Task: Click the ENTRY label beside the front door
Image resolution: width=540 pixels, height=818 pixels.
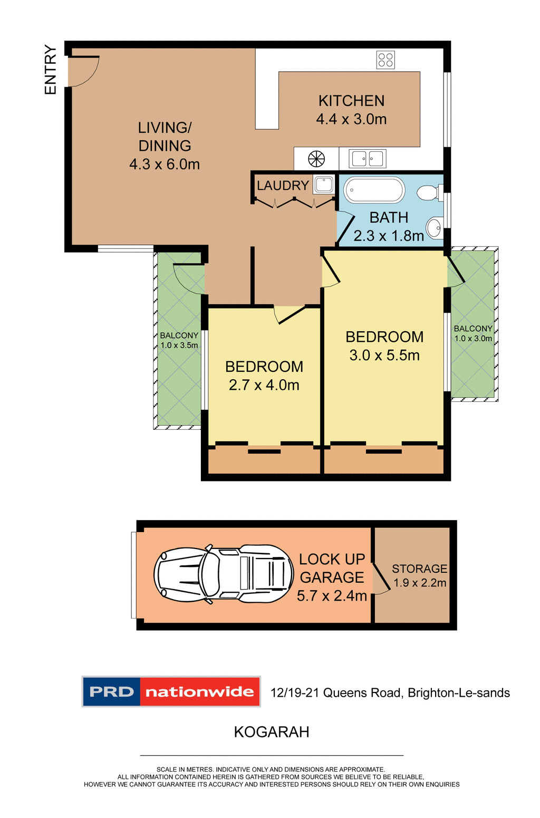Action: pyautogui.click(x=50, y=70)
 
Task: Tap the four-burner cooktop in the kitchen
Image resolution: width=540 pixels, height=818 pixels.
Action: pyautogui.click(x=385, y=60)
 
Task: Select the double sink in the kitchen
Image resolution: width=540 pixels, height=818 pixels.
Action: pyautogui.click(x=368, y=158)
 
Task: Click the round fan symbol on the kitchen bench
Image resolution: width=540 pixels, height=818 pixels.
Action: pyautogui.click(x=316, y=158)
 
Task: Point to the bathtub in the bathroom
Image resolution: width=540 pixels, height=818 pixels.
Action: pyautogui.click(x=374, y=190)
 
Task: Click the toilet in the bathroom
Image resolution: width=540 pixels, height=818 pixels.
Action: pyautogui.click(x=430, y=193)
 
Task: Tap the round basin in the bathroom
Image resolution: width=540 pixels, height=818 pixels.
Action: pyautogui.click(x=435, y=228)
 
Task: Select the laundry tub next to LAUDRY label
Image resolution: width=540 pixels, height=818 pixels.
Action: pyautogui.click(x=324, y=184)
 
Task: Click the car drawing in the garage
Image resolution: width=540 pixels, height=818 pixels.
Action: pyautogui.click(x=224, y=574)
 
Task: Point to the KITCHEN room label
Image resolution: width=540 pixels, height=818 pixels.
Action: pyautogui.click(x=351, y=101)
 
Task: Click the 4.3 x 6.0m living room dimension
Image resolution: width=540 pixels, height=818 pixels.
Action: pyautogui.click(x=165, y=165)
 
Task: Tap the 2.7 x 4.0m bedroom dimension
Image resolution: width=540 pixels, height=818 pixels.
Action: pyautogui.click(x=264, y=385)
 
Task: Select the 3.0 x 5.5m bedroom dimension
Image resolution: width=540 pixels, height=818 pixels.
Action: pyautogui.click(x=384, y=355)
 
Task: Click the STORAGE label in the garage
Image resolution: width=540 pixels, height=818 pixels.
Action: pyautogui.click(x=419, y=569)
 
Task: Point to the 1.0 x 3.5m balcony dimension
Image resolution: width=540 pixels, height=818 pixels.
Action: pyautogui.click(x=179, y=345)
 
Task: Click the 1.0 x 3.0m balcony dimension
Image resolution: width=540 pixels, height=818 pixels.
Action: pyautogui.click(x=473, y=339)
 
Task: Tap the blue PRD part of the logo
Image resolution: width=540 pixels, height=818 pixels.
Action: pyautogui.click(x=112, y=691)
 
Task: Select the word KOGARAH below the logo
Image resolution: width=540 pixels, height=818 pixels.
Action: pyautogui.click(x=272, y=732)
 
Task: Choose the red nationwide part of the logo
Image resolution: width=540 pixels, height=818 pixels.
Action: pyautogui.click(x=199, y=691)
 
